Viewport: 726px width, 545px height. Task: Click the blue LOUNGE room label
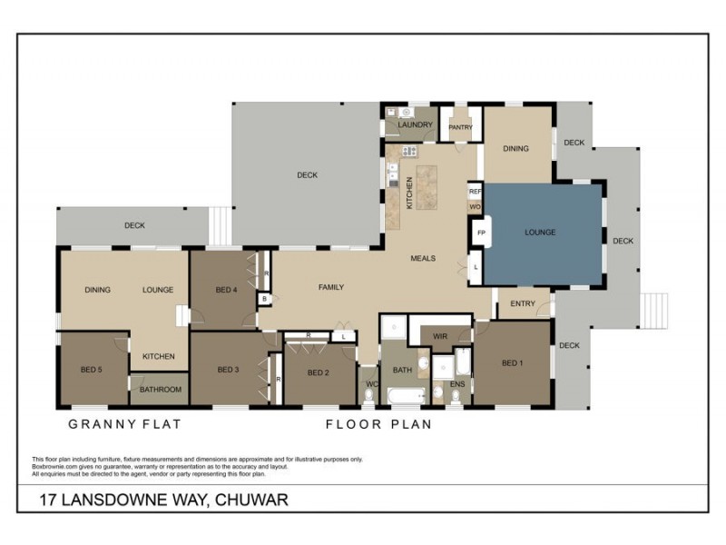coord(540,233)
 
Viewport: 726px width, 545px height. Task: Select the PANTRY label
coord(460,127)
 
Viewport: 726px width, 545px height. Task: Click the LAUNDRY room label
coord(414,124)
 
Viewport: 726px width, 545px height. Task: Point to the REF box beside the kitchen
coord(474,192)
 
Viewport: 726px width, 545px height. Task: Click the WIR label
coord(440,336)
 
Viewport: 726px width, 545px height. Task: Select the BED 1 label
coord(513,363)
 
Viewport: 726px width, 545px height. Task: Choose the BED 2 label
coord(318,372)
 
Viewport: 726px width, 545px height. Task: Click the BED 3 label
coord(229,370)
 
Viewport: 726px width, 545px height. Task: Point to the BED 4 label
coord(226,290)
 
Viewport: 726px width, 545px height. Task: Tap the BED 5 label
coord(92,370)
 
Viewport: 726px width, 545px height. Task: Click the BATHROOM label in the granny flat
coord(161,390)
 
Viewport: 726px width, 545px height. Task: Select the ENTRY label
coord(522,303)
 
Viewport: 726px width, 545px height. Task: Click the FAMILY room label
coord(330,287)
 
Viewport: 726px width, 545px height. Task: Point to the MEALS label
coord(423,259)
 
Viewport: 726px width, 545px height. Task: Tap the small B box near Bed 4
coord(263,299)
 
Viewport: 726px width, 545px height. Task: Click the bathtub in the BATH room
coord(405,396)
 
